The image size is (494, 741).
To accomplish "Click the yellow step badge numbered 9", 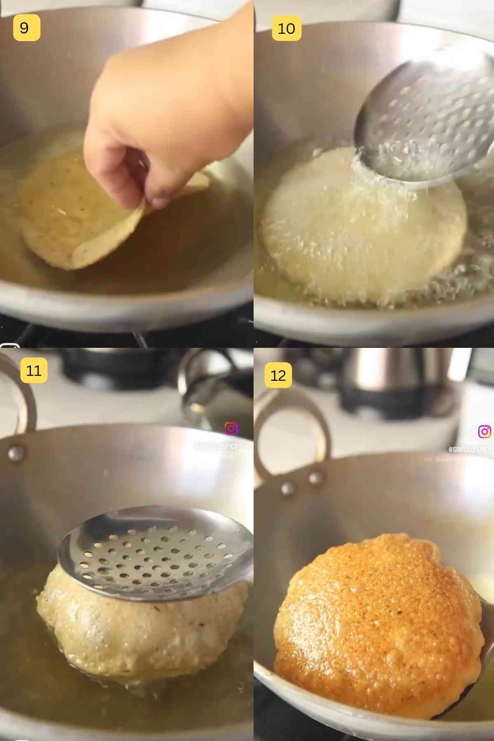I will click(26, 28).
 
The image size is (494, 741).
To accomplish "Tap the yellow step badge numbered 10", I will click(287, 28).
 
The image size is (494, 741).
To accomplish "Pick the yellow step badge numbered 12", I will click(278, 375).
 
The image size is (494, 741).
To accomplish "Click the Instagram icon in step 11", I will click(231, 429).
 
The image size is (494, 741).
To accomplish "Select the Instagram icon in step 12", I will click(485, 431).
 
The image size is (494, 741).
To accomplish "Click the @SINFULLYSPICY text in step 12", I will click(469, 449).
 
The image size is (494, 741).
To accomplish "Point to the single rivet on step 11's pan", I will click(15, 452).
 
